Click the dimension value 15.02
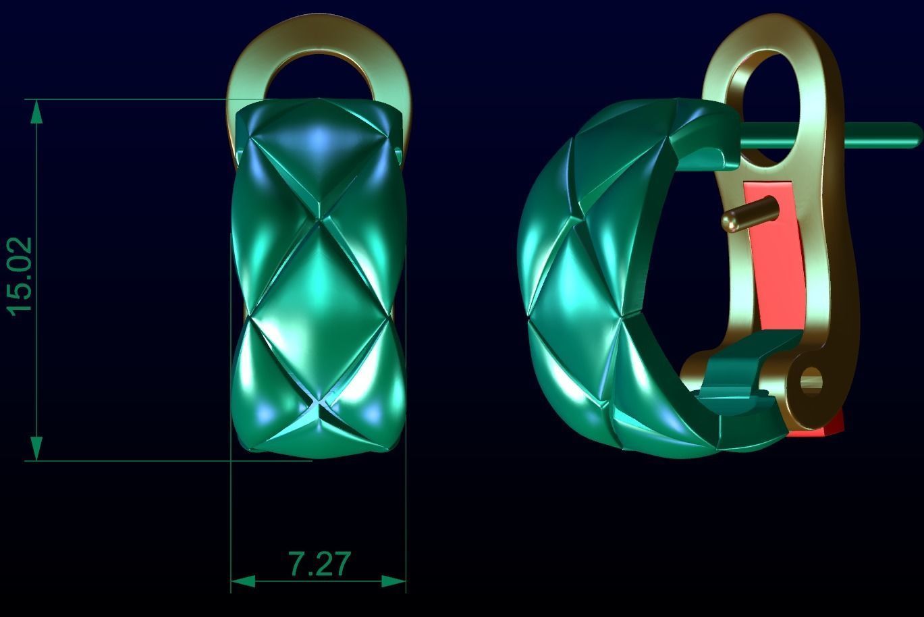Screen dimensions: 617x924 (x=20, y=276)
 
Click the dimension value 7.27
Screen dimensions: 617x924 (x=320, y=564)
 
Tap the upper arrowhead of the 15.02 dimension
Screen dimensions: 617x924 (x=36, y=111)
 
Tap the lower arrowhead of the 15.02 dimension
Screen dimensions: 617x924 (x=36, y=449)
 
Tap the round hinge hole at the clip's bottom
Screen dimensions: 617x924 (x=810, y=381)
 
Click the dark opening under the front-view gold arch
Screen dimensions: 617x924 (x=317, y=81)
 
